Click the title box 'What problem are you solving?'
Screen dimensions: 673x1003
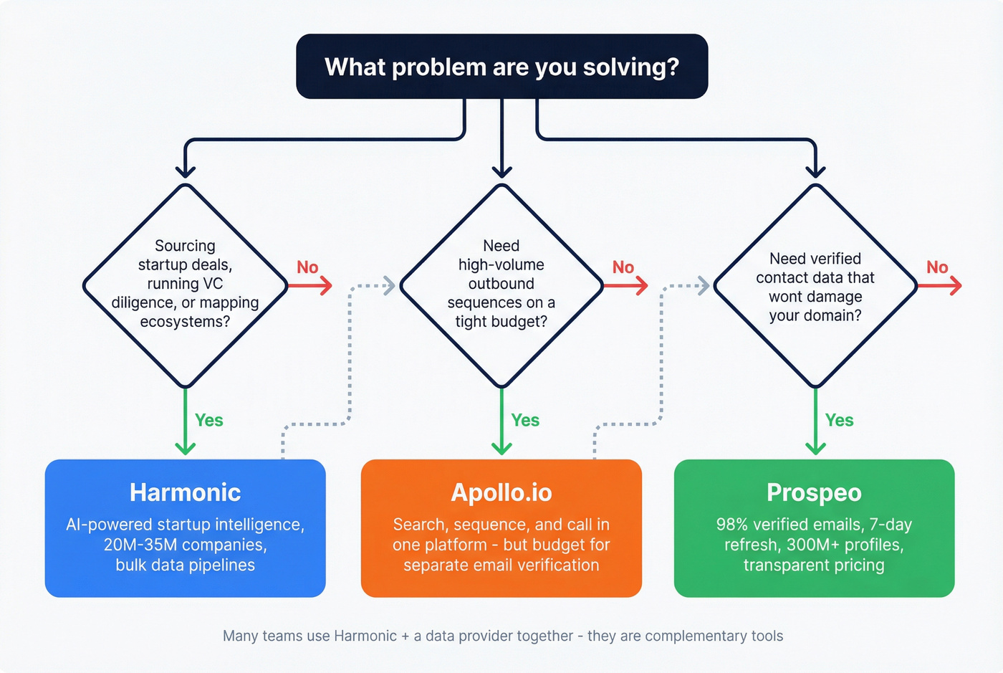pyautogui.click(x=501, y=66)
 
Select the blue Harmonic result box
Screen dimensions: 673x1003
pyautogui.click(x=185, y=529)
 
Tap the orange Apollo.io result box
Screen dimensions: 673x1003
pyautogui.click(x=501, y=529)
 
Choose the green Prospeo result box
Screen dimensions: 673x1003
pyautogui.click(x=814, y=529)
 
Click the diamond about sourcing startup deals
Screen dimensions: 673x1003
pyautogui.click(x=185, y=285)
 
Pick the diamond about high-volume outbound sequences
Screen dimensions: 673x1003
pyautogui.click(x=501, y=285)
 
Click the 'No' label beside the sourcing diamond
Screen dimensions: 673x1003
pyautogui.click(x=307, y=267)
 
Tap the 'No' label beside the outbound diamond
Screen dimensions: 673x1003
pyautogui.click(x=623, y=267)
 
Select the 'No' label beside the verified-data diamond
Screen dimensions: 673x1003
pyautogui.click(x=937, y=267)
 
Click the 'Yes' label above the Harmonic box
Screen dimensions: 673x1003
pyautogui.click(x=209, y=421)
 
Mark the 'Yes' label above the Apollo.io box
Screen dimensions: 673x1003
pyautogui.click(x=525, y=421)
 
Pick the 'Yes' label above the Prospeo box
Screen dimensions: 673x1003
pyautogui.click(x=839, y=421)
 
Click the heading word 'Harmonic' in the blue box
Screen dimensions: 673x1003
pyautogui.click(x=185, y=493)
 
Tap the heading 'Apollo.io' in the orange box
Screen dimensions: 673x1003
pyautogui.click(x=501, y=493)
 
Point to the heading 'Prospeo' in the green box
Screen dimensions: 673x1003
pyautogui.click(x=814, y=493)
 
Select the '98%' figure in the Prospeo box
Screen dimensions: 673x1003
pyautogui.click(x=732, y=525)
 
